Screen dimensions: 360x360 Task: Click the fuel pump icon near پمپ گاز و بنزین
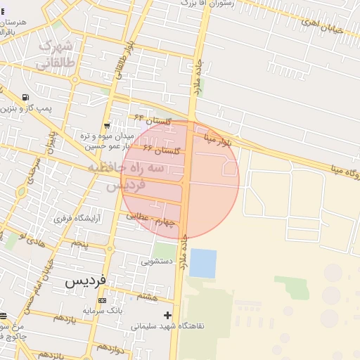26,98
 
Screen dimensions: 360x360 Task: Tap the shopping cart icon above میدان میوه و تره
106,126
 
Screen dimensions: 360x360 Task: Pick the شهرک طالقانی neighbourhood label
57,54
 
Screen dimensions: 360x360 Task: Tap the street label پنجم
79,244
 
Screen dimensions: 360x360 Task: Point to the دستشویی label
156,262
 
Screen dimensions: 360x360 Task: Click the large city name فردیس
86,281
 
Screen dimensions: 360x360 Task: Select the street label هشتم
147,297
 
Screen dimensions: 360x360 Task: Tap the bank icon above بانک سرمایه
103,301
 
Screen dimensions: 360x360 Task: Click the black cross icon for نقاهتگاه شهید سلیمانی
167,315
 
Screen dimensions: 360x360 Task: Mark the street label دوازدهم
111,348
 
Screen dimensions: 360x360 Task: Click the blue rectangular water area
202,263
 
